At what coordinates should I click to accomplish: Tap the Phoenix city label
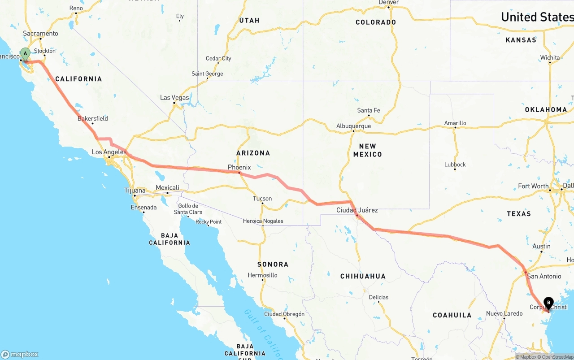(x=239, y=167)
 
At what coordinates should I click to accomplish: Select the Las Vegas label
(x=174, y=97)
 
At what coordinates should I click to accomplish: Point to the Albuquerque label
(x=353, y=126)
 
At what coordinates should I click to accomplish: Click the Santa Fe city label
(x=368, y=110)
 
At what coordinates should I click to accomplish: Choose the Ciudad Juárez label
(x=357, y=210)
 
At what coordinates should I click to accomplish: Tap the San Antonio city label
(x=544, y=276)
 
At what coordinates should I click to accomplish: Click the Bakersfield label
(x=92, y=118)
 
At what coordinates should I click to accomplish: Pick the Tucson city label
(x=262, y=198)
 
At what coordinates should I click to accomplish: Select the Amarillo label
(x=455, y=123)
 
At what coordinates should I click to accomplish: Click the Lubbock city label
(x=455, y=165)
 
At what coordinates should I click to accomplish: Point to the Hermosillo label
(x=262, y=275)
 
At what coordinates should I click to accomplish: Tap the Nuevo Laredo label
(x=504, y=313)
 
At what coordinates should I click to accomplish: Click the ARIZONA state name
(x=253, y=153)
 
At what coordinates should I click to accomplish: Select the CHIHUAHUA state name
(x=362, y=276)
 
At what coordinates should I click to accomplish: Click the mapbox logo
(x=20, y=354)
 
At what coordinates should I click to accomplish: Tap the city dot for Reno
(x=76, y=13)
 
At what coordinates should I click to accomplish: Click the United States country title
(x=537, y=17)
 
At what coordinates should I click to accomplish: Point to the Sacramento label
(x=40, y=33)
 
